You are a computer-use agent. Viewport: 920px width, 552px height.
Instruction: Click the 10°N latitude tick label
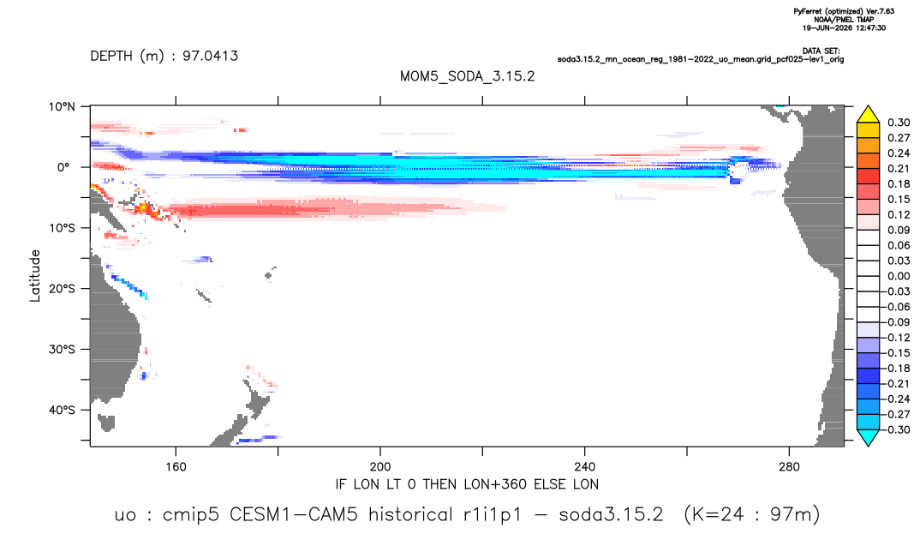(x=62, y=107)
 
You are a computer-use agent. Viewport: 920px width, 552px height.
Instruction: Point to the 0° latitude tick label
(x=63, y=167)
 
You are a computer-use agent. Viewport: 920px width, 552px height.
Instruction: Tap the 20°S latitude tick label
(x=62, y=289)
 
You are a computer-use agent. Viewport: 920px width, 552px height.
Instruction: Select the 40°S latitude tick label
(x=62, y=410)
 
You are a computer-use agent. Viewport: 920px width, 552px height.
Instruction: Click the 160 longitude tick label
(x=176, y=467)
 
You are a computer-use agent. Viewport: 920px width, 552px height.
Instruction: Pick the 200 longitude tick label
(x=380, y=467)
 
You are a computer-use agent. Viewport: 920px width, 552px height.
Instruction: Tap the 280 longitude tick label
(x=789, y=467)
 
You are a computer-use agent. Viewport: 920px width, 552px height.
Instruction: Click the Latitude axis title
(x=35, y=276)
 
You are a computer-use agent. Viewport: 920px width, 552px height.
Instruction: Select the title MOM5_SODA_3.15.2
(x=467, y=76)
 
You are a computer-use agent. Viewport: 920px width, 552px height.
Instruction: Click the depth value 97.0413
(x=210, y=57)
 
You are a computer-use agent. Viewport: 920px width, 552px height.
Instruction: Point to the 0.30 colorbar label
(x=899, y=123)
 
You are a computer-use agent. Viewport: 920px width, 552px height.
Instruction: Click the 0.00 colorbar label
(x=899, y=276)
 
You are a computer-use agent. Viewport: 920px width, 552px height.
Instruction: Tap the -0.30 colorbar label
(x=897, y=429)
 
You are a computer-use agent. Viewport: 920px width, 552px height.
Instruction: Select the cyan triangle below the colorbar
(x=868, y=436)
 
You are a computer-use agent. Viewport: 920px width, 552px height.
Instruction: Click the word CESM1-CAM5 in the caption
(x=293, y=515)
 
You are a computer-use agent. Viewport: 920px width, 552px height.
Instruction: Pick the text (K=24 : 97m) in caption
(x=751, y=515)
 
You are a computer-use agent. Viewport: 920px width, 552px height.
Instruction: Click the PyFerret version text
(x=844, y=12)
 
